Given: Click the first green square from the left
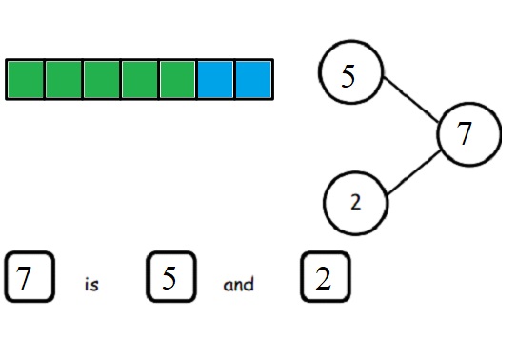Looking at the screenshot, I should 26,79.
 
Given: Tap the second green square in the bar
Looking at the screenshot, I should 64,79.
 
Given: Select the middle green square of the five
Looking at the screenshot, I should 102,79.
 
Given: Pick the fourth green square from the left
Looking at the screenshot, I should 140,79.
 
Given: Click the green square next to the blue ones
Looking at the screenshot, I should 178,79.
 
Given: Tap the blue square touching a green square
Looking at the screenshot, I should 215,79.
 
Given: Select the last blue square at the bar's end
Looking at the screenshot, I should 253,79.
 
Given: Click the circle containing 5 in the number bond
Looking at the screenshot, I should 349,75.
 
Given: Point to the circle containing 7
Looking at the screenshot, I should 468,135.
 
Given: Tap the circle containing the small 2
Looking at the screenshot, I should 355,202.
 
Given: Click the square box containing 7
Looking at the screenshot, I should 30,278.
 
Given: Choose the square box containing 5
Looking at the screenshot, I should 171,278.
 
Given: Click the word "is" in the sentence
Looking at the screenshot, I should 91,284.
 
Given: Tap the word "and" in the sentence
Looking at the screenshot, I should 239,284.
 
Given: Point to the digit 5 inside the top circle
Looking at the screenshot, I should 348,76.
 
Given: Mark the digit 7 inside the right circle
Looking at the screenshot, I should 465,135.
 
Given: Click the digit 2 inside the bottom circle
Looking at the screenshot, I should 355,202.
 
